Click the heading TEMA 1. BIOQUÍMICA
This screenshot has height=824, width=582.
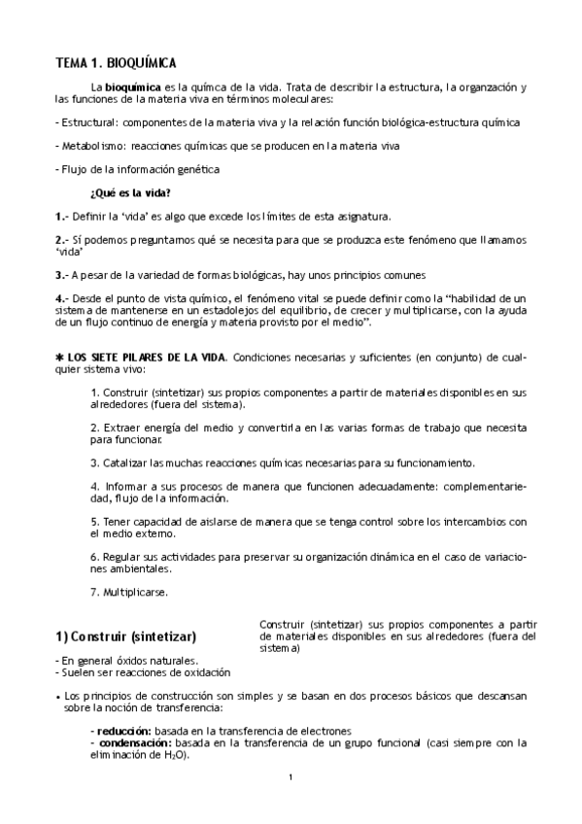click(116, 63)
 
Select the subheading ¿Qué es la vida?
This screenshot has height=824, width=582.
click(129, 192)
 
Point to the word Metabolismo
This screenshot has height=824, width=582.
click(91, 146)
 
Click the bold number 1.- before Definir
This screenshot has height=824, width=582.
click(61, 216)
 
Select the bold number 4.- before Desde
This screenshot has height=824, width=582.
click(61, 297)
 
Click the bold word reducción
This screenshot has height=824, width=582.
click(122, 731)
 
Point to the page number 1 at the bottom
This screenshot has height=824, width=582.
click(291, 776)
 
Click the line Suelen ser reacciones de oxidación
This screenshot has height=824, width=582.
click(143, 672)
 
